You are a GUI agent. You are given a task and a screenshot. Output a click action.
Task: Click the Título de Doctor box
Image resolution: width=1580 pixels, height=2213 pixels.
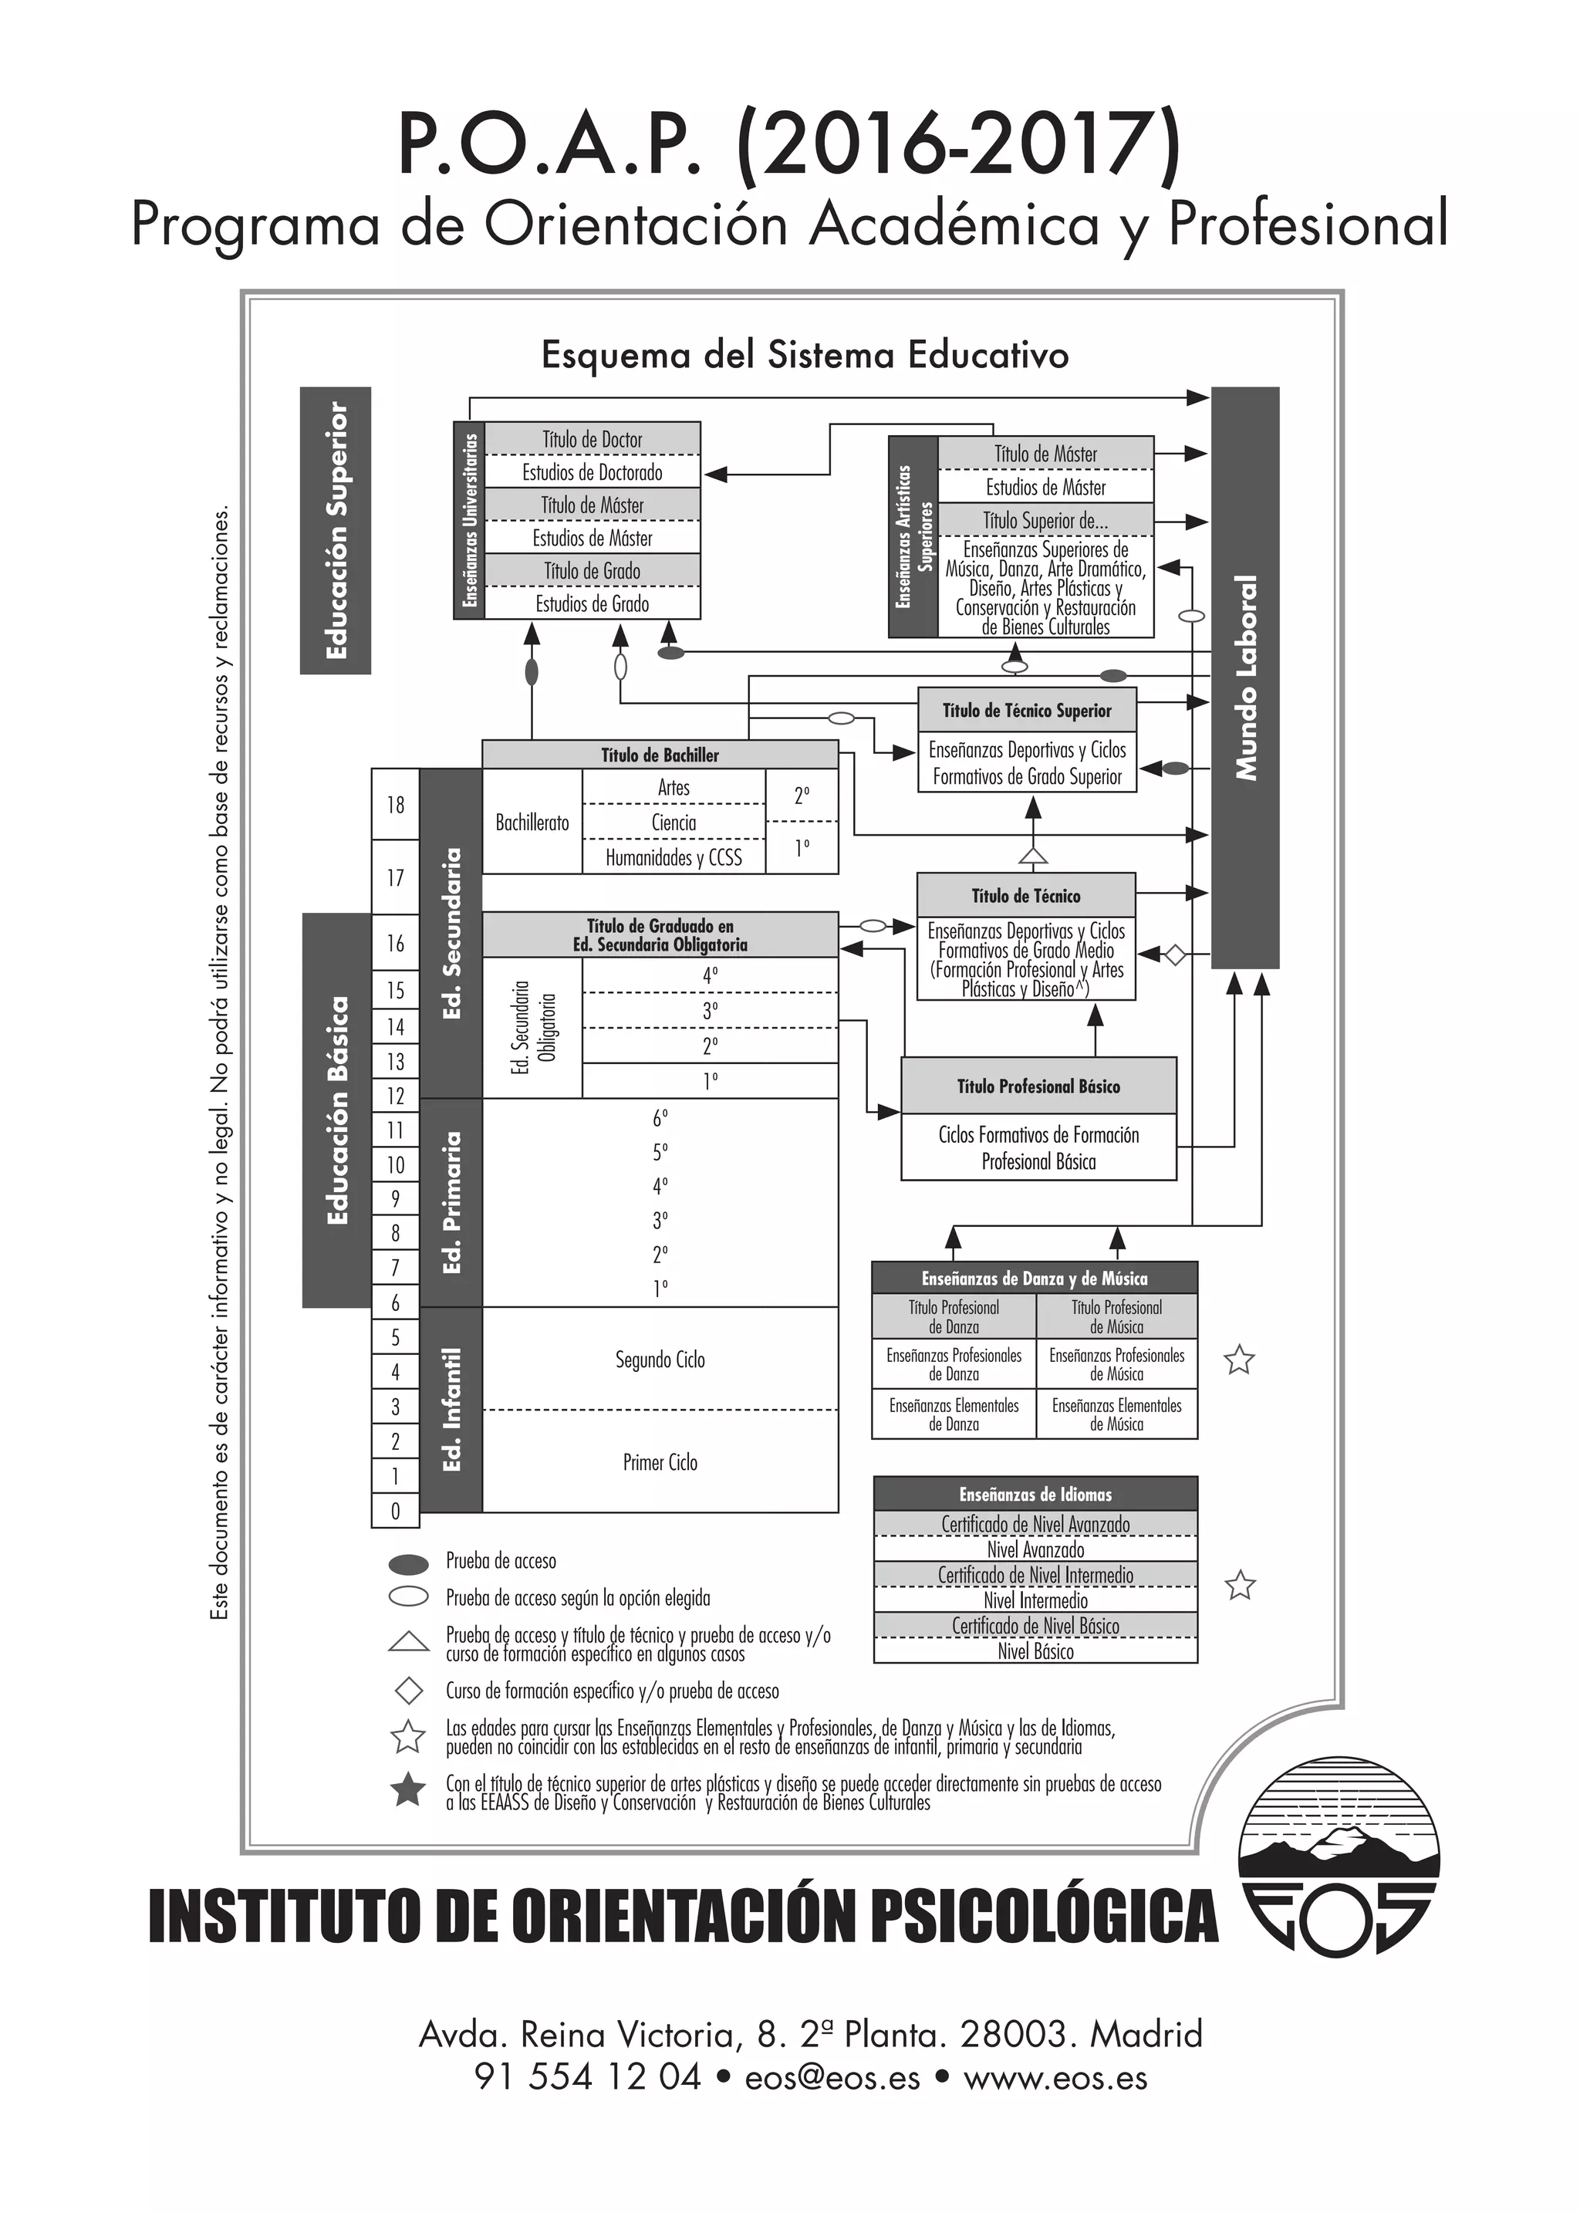coord(592,439)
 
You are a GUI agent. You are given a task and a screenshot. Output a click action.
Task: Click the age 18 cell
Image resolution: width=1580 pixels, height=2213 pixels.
coord(395,805)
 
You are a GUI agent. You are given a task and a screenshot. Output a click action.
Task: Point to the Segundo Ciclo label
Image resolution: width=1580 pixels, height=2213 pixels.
coord(660,1360)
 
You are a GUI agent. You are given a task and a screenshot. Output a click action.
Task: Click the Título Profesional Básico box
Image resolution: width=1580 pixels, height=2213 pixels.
coord(1038,1086)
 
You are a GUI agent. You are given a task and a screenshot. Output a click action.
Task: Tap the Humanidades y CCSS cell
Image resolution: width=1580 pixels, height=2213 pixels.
coord(674,857)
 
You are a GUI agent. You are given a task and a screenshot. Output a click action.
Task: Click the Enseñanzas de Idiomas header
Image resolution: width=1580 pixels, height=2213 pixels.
coord(1035,1494)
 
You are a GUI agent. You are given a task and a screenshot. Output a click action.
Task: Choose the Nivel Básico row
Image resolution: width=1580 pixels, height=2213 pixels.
coord(1035,1651)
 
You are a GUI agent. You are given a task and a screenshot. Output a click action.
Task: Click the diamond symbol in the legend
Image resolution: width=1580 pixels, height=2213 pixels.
coord(409,1691)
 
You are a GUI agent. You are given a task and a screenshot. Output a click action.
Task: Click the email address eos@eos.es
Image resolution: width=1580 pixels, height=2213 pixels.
coord(832,2078)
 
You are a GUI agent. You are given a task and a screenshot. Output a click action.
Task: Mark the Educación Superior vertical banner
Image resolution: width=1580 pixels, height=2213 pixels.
coord(336,530)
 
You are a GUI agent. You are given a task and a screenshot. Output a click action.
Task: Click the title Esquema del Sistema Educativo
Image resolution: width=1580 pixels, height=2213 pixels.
coord(805,355)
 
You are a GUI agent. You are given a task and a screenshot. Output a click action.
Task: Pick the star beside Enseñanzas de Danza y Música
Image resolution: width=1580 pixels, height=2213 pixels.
coord(1238,1360)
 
